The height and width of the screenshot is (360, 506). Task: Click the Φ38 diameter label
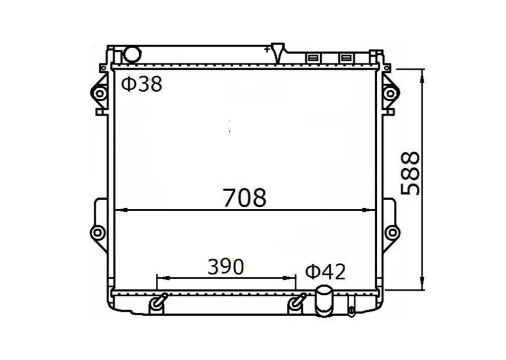141,84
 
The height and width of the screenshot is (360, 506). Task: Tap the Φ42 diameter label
325,272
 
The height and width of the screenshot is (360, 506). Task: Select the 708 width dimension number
245,198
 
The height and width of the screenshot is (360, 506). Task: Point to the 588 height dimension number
410,173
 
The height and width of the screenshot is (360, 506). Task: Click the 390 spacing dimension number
226,267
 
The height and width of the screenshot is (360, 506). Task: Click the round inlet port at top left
132,54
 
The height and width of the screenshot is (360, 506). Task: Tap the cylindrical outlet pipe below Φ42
324,301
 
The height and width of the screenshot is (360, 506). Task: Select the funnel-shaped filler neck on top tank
277,52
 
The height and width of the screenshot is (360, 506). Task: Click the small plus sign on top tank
267,50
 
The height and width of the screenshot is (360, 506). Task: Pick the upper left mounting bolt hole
100,94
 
